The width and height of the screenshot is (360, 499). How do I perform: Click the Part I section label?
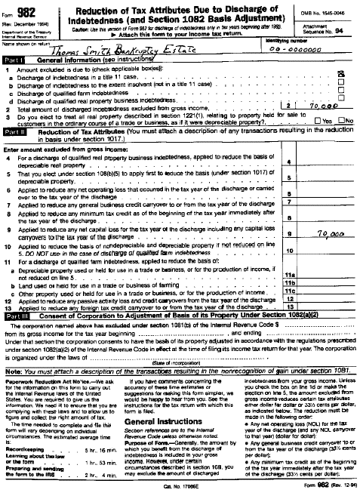[x=15, y=59]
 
